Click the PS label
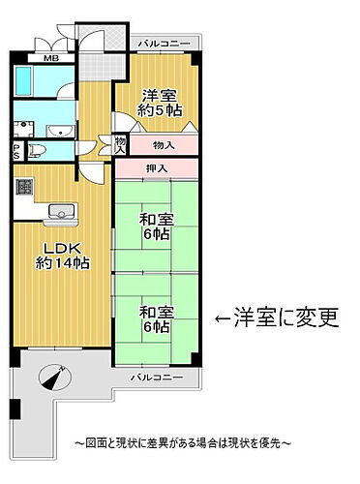point(16,150)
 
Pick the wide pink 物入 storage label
point(165,145)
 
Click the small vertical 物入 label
point(120,145)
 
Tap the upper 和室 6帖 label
point(156,227)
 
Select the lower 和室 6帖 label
point(156,319)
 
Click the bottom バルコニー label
point(156,375)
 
